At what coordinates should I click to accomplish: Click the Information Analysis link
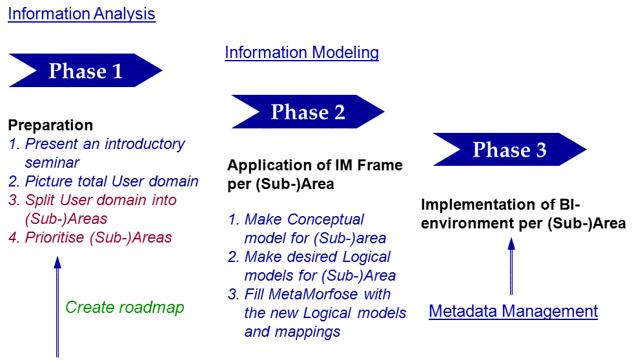point(81,14)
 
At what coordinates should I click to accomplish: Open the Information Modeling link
point(302,52)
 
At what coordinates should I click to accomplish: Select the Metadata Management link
point(513,311)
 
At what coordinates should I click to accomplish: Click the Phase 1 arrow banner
point(85,70)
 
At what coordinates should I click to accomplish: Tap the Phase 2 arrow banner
point(308,112)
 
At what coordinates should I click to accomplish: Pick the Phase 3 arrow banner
point(509,150)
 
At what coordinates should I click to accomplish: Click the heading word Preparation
point(50,125)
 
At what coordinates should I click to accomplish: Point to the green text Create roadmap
point(125,307)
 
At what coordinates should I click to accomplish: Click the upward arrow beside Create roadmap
point(57,306)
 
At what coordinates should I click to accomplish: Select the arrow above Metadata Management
point(511,266)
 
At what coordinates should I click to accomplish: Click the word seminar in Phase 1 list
point(52,163)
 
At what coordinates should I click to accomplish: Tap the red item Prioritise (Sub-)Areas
point(90,237)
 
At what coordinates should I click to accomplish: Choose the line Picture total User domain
point(103,181)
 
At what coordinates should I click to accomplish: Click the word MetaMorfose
point(313,294)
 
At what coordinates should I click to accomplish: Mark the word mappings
point(307,332)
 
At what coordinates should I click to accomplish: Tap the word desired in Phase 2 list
point(311,257)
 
